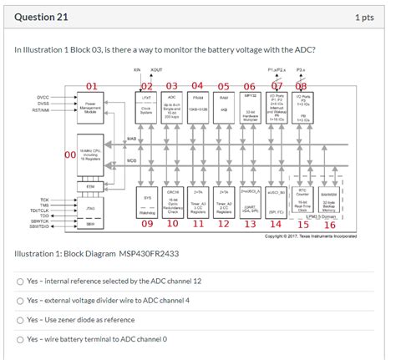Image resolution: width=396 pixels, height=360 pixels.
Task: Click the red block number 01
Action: (91, 85)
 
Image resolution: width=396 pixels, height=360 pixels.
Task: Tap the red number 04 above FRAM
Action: (198, 85)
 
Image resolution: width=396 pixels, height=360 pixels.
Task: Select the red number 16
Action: (329, 224)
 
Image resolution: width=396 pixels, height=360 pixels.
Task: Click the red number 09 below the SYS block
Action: (147, 224)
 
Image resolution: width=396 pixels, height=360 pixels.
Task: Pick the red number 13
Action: (251, 224)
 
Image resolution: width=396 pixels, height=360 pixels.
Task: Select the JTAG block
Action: (89, 209)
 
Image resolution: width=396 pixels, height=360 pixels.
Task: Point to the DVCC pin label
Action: (43, 98)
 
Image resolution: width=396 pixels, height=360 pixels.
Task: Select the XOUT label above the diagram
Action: (156, 70)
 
